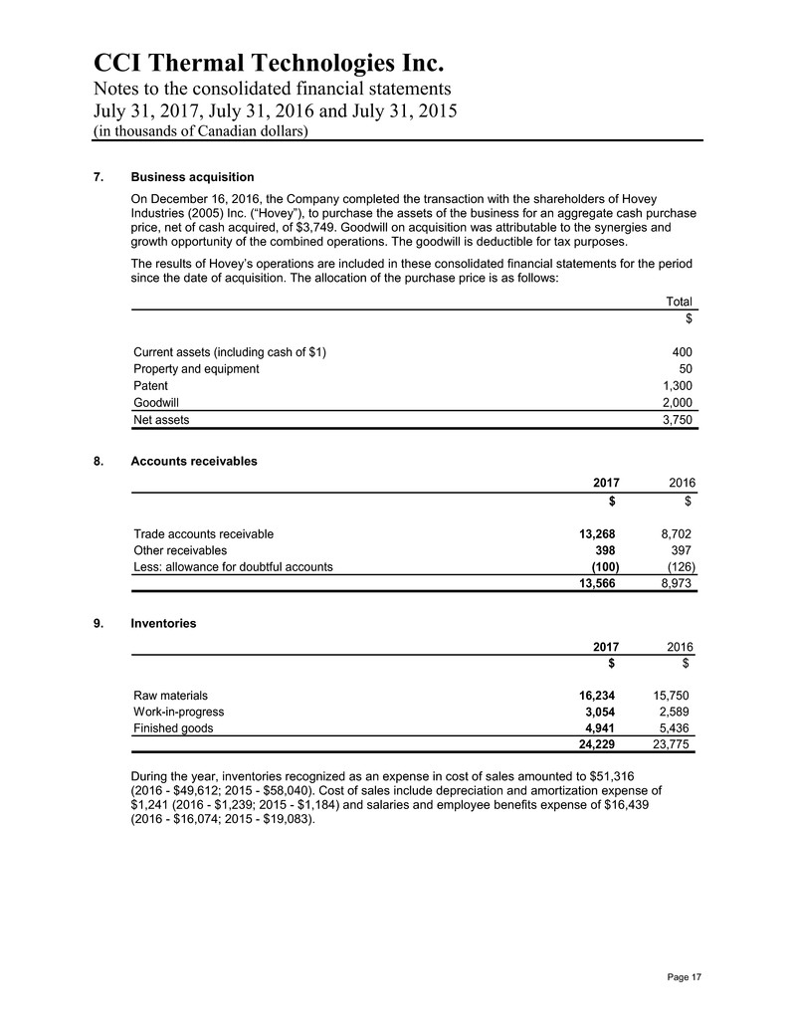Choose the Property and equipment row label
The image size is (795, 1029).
click(x=196, y=368)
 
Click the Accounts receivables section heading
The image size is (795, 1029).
click(x=194, y=462)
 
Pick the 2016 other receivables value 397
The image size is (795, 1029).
click(x=676, y=550)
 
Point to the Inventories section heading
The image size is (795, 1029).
click(x=163, y=624)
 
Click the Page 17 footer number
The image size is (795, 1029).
click(x=683, y=979)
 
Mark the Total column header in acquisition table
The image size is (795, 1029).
click(x=679, y=302)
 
